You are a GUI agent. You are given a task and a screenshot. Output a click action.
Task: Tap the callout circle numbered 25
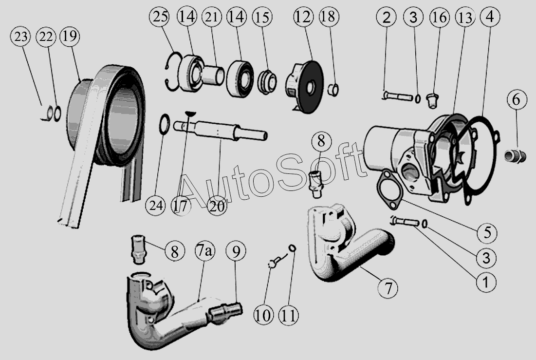click(160, 18)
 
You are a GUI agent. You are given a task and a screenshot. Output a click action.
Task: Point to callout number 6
click(517, 100)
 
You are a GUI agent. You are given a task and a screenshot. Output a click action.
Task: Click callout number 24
click(155, 206)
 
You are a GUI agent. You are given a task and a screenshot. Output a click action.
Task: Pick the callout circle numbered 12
click(303, 18)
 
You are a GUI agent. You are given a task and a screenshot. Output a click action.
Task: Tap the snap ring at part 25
click(171, 73)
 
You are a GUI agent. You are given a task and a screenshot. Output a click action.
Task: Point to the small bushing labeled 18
click(333, 90)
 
